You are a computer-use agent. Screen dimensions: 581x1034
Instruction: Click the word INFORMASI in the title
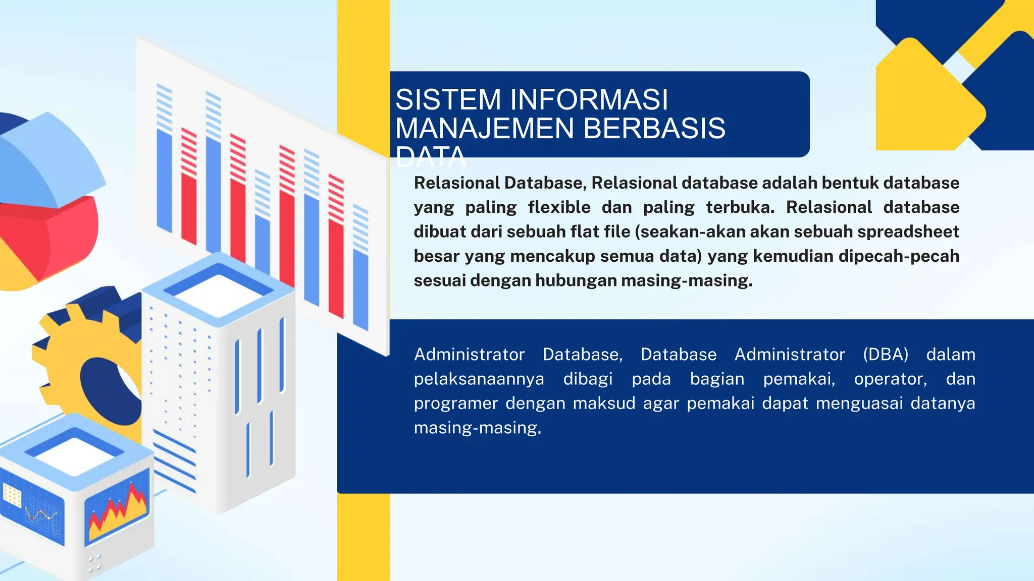click(589, 99)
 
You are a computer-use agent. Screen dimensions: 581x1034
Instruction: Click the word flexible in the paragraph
click(559, 207)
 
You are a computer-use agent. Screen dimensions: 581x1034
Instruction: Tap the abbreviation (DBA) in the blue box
click(886, 355)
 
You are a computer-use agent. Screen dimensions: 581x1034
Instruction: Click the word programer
click(455, 403)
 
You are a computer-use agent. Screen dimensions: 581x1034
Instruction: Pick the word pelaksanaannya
click(479, 379)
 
